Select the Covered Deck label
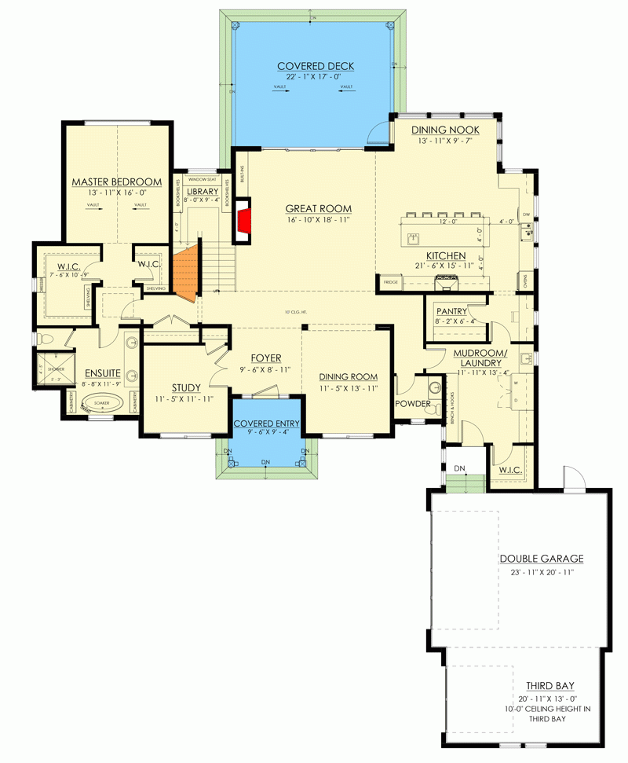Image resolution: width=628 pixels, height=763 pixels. pyautogui.click(x=312, y=66)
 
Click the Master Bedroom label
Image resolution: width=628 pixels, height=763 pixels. pyautogui.click(x=116, y=182)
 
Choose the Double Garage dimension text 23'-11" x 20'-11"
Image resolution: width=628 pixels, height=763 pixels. pyautogui.click(x=541, y=573)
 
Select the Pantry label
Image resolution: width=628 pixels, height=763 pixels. pyautogui.click(x=451, y=311)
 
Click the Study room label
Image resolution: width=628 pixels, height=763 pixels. pyautogui.click(x=185, y=387)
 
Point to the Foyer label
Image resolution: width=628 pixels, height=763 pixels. pyautogui.click(x=265, y=358)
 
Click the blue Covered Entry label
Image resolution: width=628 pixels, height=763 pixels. pyautogui.click(x=266, y=424)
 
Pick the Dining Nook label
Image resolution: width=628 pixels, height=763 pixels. pyautogui.click(x=443, y=130)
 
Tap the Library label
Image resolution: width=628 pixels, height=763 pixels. pyautogui.click(x=202, y=192)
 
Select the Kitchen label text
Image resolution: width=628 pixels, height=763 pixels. pyautogui.click(x=446, y=256)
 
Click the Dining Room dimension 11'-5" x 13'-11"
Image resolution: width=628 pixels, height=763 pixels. pyautogui.click(x=347, y=388)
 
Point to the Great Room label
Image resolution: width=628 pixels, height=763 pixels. pyautogui.click(x=318, y=208)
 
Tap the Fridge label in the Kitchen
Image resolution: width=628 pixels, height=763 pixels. pyautogui.click(x=389, y=281)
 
